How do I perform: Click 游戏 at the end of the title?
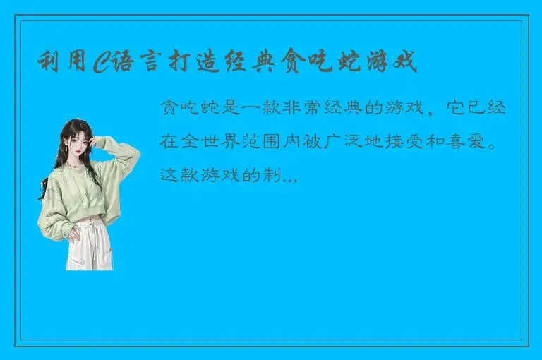392,63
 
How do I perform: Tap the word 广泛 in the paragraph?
351,142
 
